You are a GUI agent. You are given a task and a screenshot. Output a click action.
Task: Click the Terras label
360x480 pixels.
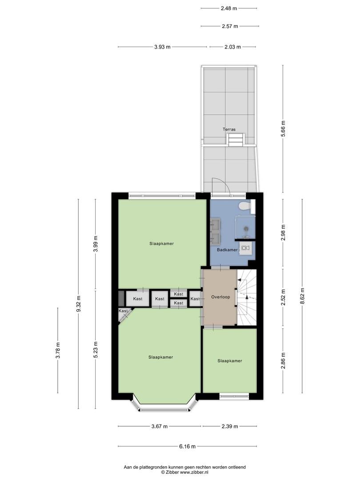pos(229,129)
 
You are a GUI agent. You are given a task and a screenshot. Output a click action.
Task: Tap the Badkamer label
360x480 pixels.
pos(227,250)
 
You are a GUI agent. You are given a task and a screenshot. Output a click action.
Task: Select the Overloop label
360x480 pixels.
pos(220,297)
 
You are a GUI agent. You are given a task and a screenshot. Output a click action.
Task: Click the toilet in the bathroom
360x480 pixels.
pos(245,206)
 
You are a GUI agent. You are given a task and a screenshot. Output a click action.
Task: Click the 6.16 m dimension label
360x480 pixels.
pos(188,446)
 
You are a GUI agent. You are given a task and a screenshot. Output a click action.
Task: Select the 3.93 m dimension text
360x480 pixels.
pos(162,47)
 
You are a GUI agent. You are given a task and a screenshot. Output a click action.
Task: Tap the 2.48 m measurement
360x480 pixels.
pos(229,8)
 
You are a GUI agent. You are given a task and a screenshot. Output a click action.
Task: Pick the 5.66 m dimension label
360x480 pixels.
pos(283,129)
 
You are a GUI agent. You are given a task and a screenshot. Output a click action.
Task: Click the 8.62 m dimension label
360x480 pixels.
pos(303,296)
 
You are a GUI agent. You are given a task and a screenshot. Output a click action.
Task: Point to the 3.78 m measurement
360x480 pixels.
pos(58,350)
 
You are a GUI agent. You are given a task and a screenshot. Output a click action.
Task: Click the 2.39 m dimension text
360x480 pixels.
pos(230,426)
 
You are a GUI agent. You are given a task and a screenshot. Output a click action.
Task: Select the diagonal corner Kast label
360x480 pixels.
pos(123,311)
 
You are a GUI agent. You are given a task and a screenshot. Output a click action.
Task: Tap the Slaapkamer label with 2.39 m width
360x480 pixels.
pos(230,361)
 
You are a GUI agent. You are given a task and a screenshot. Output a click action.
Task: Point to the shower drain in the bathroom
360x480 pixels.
pos(245,228)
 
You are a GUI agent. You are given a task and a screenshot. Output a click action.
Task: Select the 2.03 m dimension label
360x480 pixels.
pos(232,47)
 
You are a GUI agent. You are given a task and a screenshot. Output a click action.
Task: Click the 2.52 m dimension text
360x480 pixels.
pos(283,297)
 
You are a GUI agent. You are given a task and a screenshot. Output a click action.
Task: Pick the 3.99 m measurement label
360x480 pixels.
pos(96,244)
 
